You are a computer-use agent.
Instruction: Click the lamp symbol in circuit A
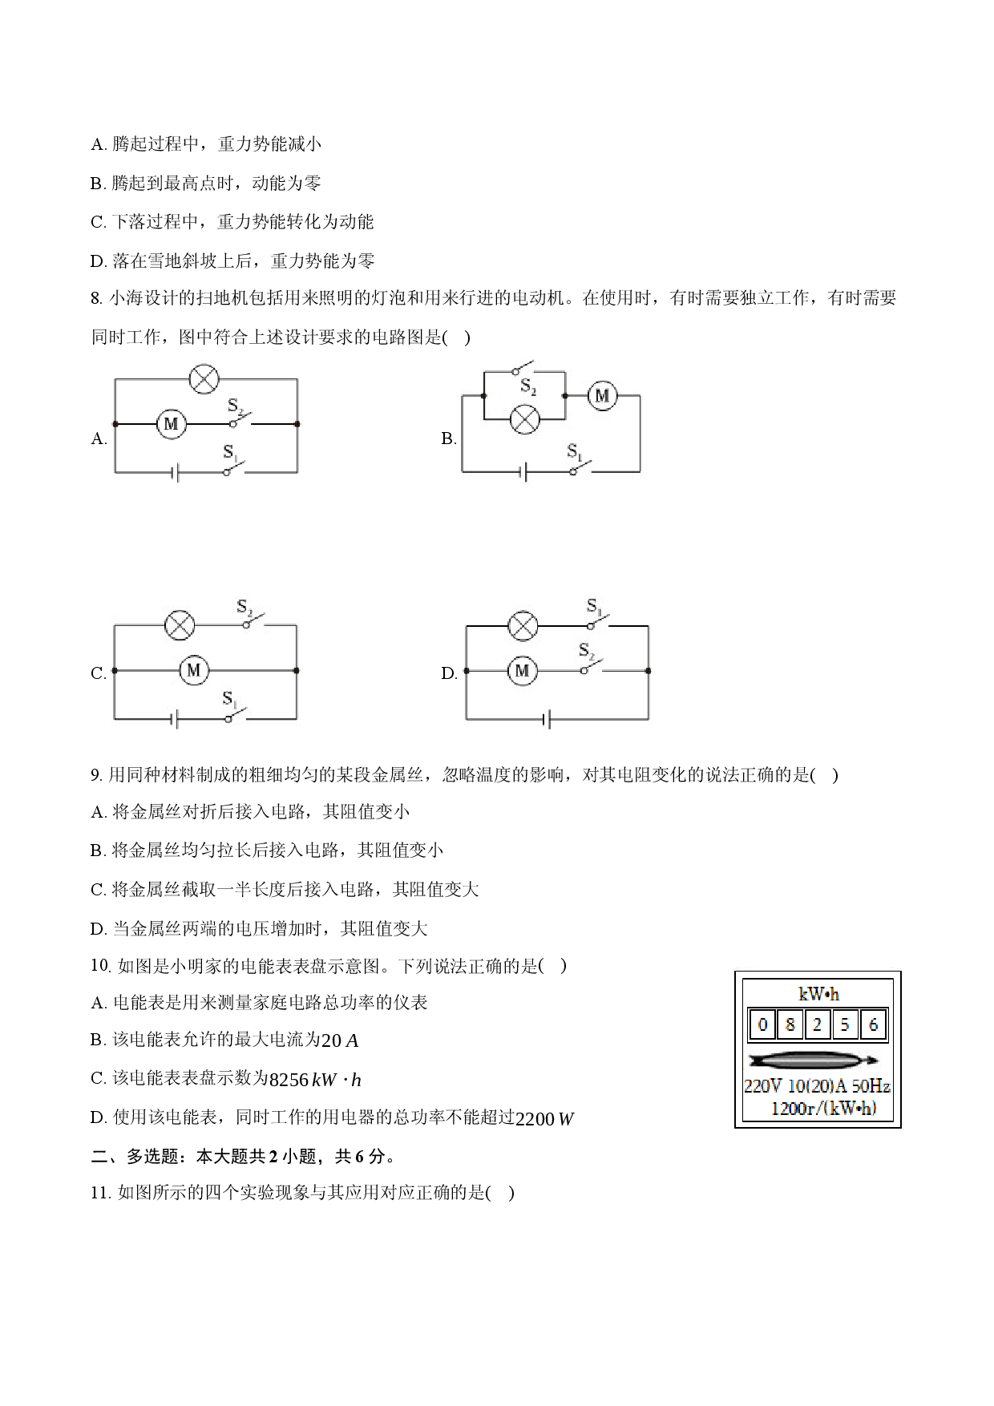click(204, 378)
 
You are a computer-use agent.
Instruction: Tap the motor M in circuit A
click(171, 424)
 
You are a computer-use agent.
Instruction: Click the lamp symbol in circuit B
click(525, 419)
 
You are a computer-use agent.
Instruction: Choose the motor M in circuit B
click(602, 396)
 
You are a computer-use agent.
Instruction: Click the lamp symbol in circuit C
click(180, 625)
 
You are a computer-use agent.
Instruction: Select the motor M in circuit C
click(193, 670)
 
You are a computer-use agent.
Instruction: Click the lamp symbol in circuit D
click(523, 625)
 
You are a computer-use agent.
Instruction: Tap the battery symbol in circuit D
click(547, 720)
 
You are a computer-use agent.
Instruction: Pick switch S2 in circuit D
click(592, 661)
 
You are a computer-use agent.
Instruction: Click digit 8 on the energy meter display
click(790, 1024)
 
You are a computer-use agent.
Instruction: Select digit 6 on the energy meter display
click(873, 1024)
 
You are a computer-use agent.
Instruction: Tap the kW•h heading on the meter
click(818, 994)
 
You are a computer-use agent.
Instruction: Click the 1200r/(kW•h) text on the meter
click(823, 1109)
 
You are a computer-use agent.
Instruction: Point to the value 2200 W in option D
click(545, 1119)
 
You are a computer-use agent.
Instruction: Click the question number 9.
click(96, 775)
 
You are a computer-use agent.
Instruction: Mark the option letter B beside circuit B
click(448, 438)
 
